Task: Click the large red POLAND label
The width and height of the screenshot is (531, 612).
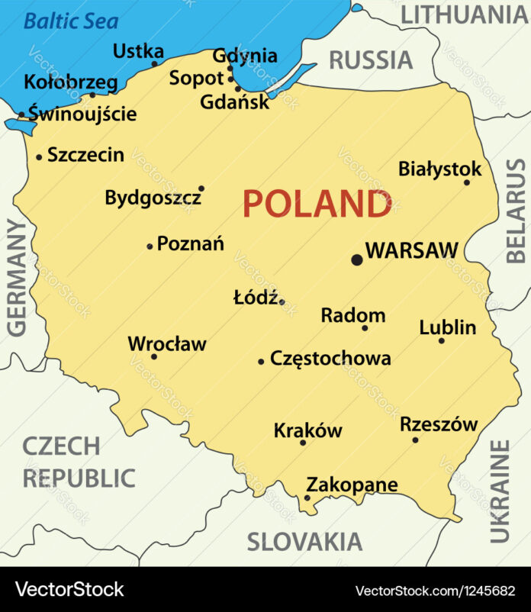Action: point(317,205)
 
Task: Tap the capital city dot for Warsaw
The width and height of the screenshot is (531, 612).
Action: point(356,260)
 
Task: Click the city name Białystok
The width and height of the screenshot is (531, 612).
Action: point(440,169)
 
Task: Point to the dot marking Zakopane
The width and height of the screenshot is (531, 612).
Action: point(307,498)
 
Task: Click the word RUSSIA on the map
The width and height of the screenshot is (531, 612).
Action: point(371,59)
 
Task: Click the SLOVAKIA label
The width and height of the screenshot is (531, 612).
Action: point(304,542)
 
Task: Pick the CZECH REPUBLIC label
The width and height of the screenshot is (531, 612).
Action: point(79,462)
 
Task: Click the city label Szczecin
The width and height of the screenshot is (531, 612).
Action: point(85,155)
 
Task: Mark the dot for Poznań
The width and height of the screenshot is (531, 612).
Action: point(150,246)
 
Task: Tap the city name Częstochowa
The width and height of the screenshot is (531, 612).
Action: point(330,359)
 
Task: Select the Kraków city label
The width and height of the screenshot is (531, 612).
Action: point(307,430)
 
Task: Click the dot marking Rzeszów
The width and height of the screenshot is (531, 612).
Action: point(415,440)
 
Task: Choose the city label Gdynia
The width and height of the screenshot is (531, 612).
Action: point(245,56)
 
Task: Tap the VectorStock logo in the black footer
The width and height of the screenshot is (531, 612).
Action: point(69,589)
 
